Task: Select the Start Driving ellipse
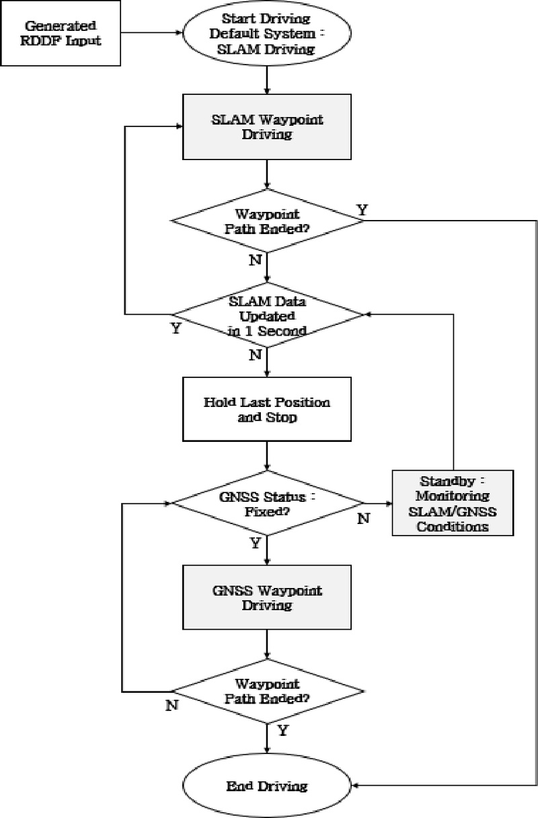(x=268, y=34)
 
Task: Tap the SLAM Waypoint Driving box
(x=268, y=127)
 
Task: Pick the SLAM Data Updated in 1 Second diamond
(x=268, y=315)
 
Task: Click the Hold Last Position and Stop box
(x=268, y=409)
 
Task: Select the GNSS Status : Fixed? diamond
(x=268, y=503)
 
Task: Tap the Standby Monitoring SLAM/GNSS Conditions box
(x=454, y=503)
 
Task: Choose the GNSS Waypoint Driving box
(x=268, y=597)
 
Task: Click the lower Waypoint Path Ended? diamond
(x=268, y=691)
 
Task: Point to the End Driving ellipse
(x=268, y=785)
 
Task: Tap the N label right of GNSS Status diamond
(x=364, y=518)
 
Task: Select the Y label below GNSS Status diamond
(x=256, y=543)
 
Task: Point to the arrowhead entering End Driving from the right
(x=357, y=785)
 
